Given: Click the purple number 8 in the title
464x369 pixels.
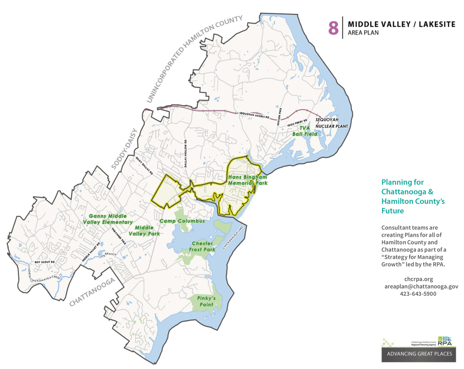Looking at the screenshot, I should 333,27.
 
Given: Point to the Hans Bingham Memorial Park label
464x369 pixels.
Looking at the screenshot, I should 247,180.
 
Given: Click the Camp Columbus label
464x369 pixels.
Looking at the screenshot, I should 182,221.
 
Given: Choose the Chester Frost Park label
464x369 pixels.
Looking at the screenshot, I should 203,246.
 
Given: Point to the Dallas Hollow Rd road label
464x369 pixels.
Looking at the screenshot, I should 186,154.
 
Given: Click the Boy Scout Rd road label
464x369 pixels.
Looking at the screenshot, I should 45,262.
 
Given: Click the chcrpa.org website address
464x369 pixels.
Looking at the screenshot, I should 419,279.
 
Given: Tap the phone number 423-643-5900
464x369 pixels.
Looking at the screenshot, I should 419,294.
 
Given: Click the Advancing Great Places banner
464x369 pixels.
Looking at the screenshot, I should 419,354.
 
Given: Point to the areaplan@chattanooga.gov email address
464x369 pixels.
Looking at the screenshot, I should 421,287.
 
